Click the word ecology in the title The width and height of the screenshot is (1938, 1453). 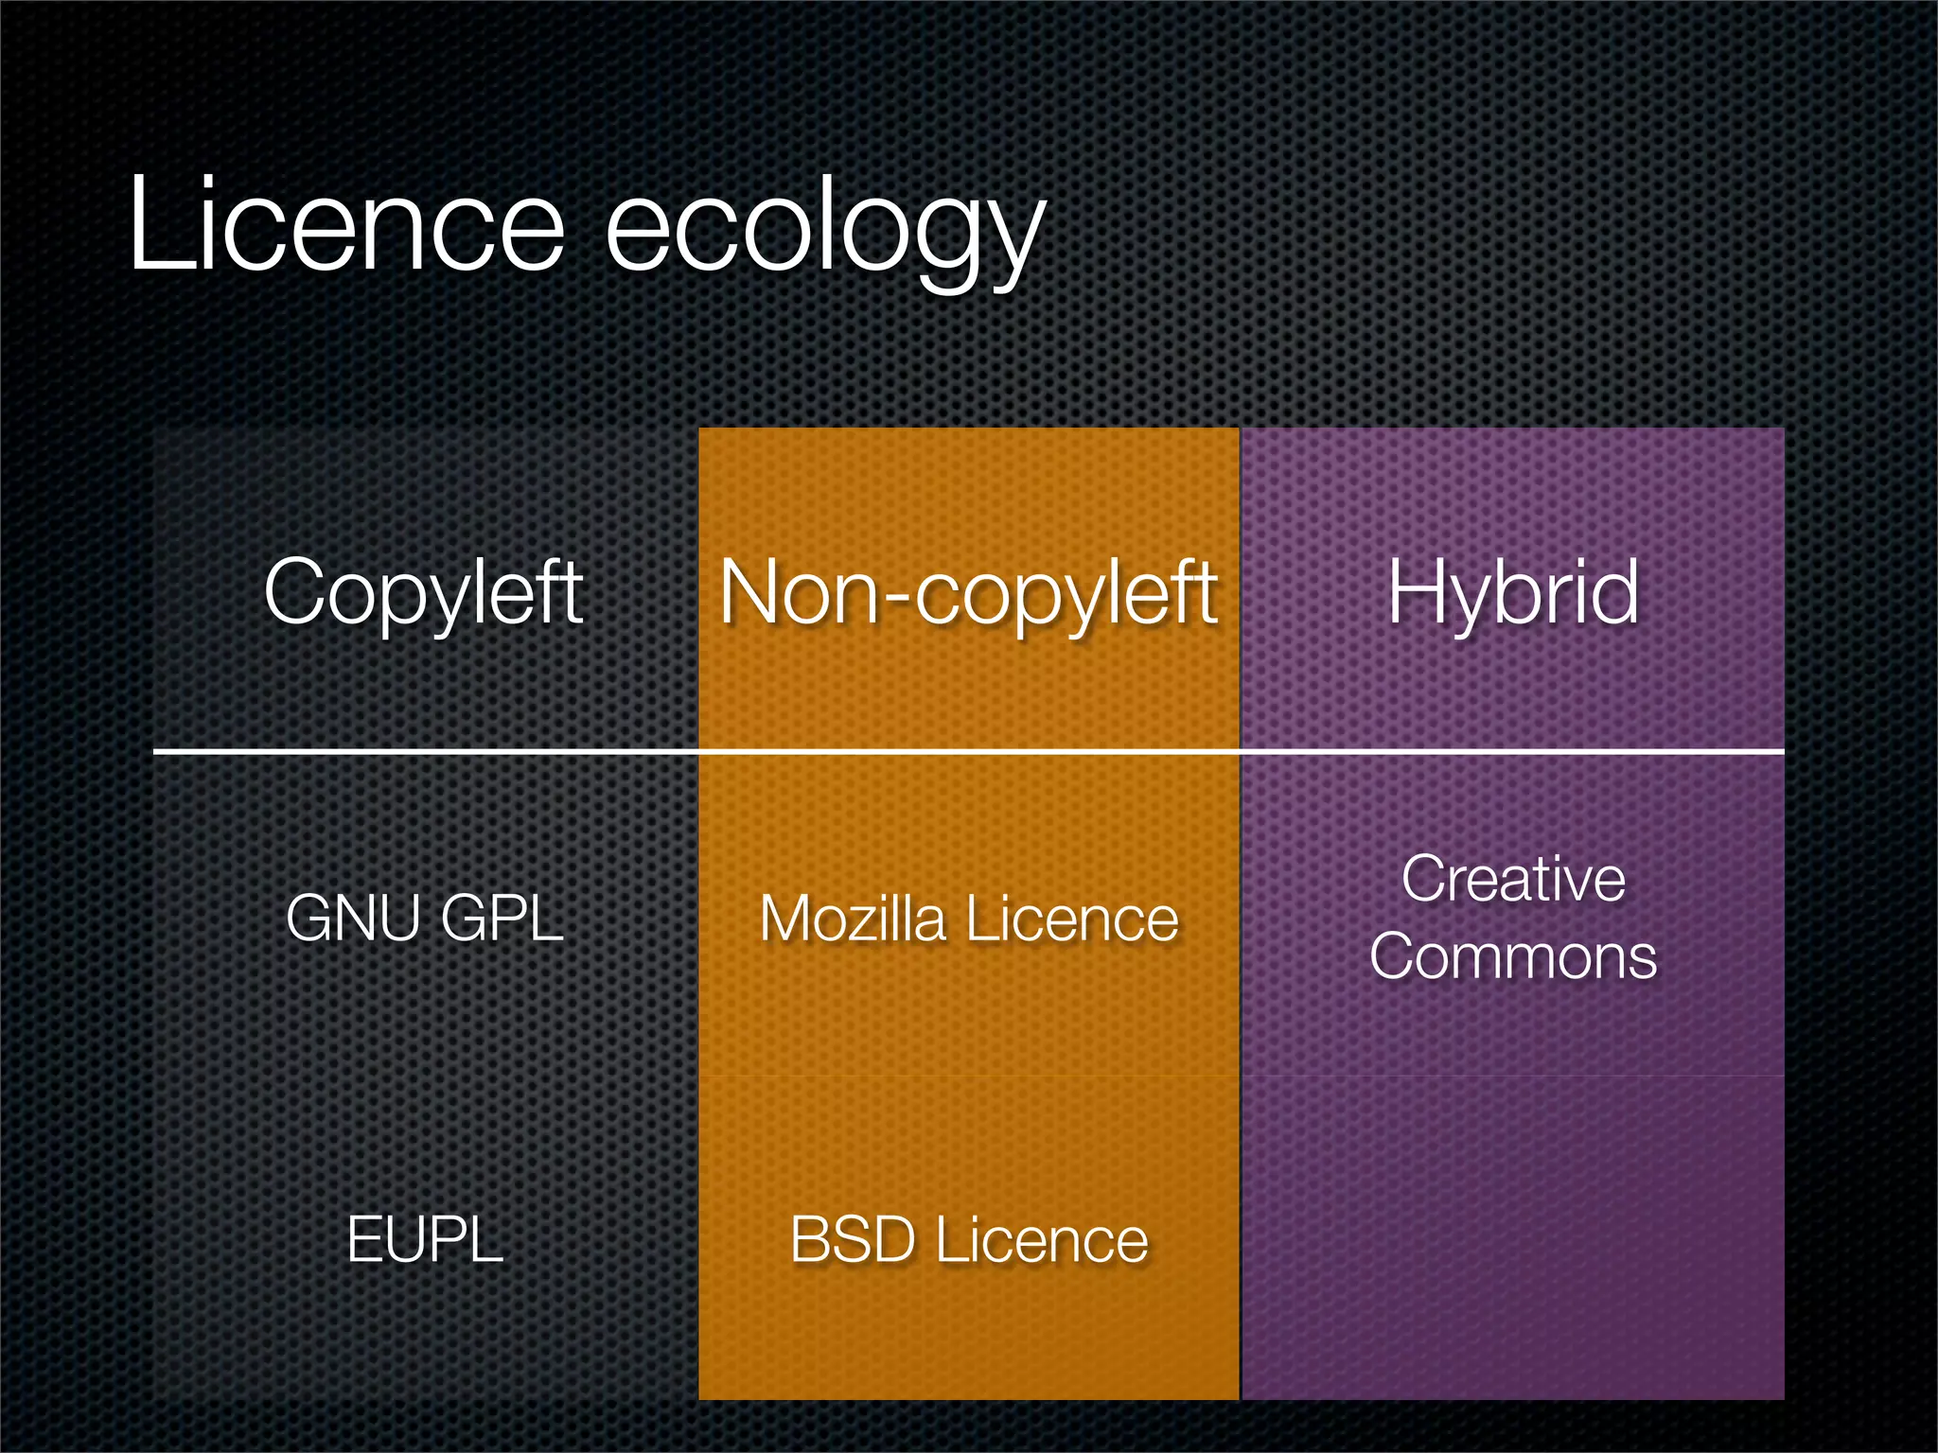point(823,232)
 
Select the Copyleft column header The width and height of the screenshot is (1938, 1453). point(424,592)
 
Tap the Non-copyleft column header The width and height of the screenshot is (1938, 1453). point(968,592)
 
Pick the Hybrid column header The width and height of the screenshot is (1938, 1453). point(1512,592)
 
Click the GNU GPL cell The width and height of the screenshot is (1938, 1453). point(425,918)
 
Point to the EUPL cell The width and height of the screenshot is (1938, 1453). point(425,1239)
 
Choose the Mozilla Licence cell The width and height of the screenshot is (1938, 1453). point(969,919)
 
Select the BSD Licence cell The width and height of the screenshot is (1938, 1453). point(969,1240)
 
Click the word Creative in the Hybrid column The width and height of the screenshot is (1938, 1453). point(1513,879)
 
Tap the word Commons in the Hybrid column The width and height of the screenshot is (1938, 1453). point(1513,956)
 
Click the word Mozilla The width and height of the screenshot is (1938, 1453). point(853,919)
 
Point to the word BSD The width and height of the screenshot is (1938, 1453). point(853,1240)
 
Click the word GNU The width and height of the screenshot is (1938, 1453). point(353,918)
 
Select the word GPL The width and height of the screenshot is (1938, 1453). point(502,918)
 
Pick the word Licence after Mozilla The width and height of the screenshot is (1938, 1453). point(1073,919)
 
